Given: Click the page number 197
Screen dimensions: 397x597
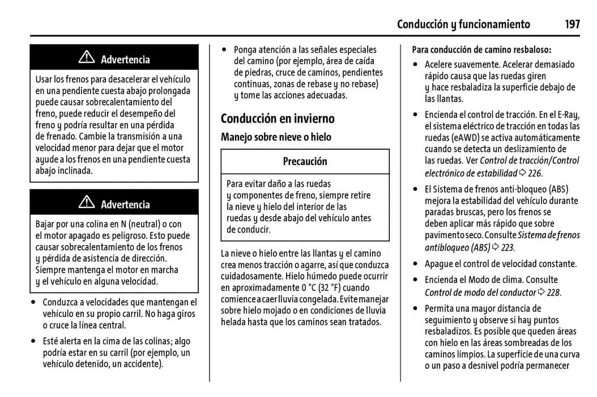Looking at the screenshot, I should [572, 24].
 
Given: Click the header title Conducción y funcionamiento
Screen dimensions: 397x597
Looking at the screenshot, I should [463, 24].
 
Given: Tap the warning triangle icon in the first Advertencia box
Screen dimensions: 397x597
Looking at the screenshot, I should [87, 57].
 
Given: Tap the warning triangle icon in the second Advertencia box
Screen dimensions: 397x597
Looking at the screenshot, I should [87, 202].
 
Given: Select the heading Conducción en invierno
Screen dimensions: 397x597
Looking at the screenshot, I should [278, 119].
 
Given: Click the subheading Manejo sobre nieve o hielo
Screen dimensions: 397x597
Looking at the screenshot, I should [276, 137].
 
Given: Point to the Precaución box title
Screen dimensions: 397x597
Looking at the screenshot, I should [305, 162].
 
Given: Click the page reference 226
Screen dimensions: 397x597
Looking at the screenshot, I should [534, 174].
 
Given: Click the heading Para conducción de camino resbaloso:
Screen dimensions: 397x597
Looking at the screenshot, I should [481, 50].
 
